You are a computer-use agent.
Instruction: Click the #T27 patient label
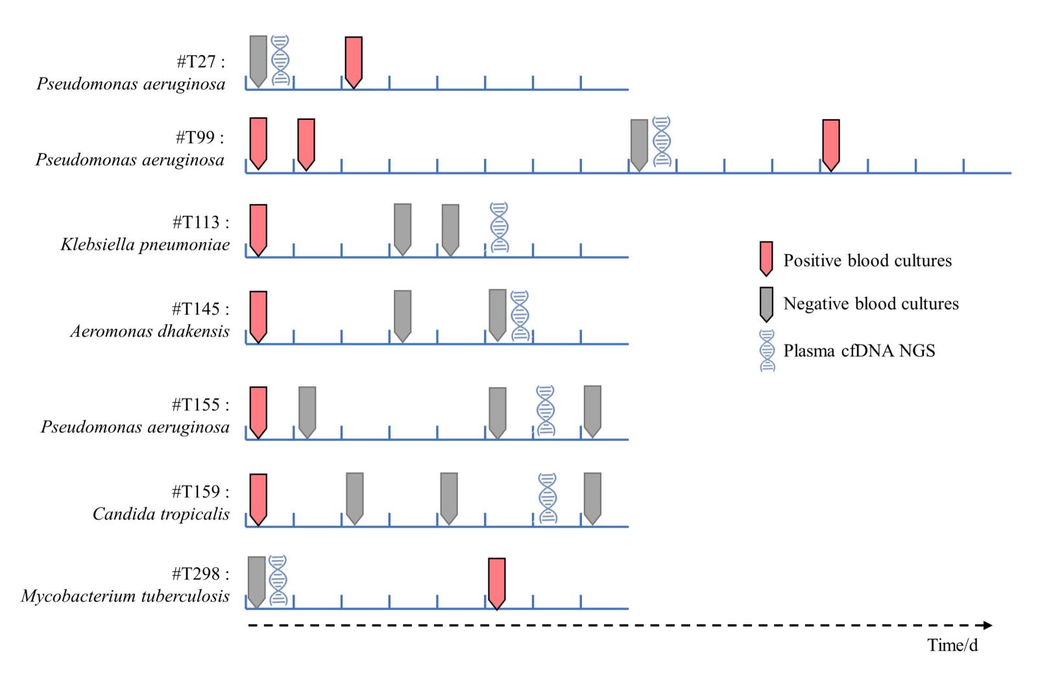click(200, 62)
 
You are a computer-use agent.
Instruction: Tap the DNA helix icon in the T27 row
click(280, 60)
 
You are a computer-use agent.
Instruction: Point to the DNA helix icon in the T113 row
click(499, 227)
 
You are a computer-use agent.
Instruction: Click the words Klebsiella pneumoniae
click(145, 244)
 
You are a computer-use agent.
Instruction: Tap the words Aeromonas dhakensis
click(150, 331)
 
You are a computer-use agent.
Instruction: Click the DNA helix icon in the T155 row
click(546, 411)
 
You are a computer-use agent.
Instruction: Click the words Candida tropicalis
click(161, 514)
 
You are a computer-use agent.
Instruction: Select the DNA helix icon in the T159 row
click(548, 498)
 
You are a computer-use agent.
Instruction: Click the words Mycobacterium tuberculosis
click(125, 596)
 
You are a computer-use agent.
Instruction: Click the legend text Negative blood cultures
click(871, 303)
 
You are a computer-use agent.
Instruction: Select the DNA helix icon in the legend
click(767, 351)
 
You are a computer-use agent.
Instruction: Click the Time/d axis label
click(952, 645)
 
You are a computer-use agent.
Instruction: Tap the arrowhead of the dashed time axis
click(987, 625)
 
